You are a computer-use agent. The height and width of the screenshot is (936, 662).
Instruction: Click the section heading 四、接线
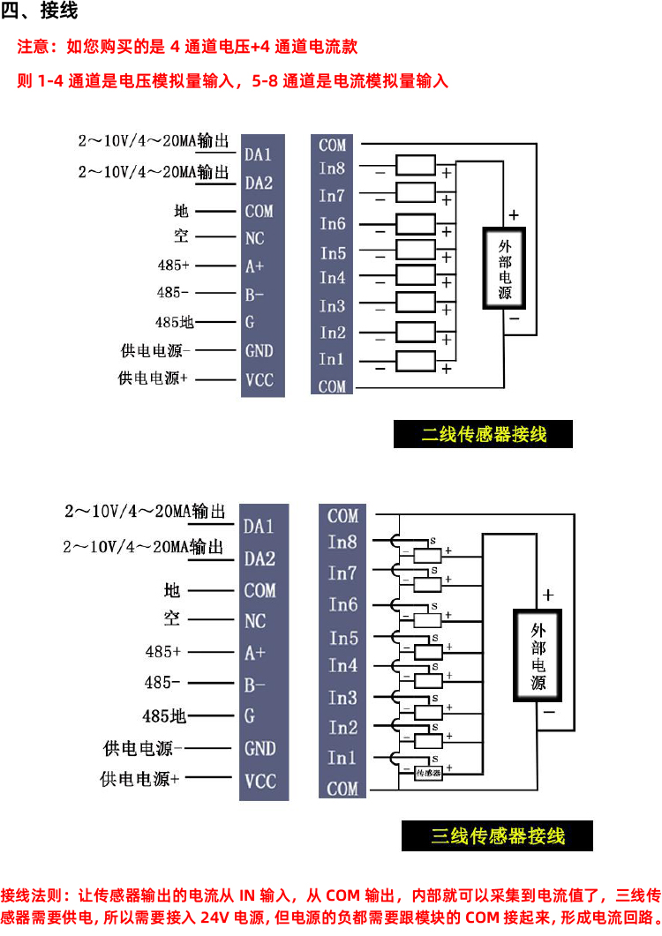41,12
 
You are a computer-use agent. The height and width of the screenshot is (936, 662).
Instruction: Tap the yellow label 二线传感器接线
484,434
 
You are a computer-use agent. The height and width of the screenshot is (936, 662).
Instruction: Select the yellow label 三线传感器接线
497,835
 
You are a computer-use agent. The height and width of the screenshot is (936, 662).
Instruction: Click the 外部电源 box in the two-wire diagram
505,268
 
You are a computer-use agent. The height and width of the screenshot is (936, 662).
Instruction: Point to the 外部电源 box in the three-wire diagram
538,656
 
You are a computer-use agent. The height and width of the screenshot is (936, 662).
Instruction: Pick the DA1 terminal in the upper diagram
259,155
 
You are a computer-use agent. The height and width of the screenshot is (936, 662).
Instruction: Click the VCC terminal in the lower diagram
260,780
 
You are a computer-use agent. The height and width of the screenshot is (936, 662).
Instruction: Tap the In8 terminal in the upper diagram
333,168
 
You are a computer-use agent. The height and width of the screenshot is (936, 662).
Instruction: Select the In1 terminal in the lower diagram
342,758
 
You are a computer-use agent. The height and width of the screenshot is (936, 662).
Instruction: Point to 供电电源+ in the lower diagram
140,779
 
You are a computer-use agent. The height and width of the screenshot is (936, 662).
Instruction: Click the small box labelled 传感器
428,773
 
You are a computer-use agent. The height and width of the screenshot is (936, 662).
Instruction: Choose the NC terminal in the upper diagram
254,238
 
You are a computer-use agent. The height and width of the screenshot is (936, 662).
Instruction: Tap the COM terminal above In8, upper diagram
333,145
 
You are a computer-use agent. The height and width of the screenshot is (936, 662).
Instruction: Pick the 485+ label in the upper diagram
173,265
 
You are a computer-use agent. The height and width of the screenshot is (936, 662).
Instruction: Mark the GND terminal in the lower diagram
260,748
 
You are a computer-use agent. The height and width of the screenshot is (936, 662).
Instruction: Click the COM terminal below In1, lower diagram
342,789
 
